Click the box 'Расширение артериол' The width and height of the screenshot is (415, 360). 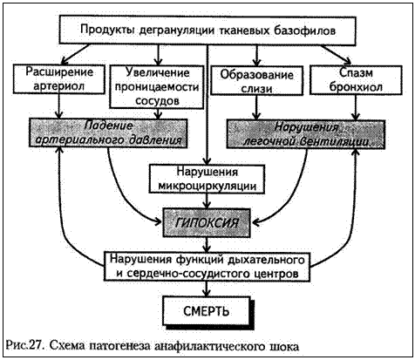(x=59, y=79)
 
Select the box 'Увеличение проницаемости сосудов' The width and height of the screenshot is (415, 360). (x=157, y=87)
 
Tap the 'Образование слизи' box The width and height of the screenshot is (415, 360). (x=256, y=80)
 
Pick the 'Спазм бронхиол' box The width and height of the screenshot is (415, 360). (x=356, y=80)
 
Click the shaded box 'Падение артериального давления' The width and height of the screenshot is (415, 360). (x=108, y=133)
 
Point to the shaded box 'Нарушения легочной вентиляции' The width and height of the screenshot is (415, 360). (x=306, y=134)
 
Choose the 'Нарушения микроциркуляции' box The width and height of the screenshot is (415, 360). (x=207, y=179)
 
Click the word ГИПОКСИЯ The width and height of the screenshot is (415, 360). (x=207, y=223)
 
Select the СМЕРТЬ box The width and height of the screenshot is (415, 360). (x=207, y=311)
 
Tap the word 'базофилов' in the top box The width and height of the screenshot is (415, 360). (x=304, y=31)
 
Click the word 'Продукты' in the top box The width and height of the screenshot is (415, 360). (x=107, y=31)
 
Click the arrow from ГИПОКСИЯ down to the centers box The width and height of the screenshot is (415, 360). (x=207, y=245)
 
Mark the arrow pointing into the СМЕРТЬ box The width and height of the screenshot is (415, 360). (x=207, y=289)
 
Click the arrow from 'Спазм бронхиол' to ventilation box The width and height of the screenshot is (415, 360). (x=356, y=107)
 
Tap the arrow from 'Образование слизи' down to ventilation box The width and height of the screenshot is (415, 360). (x=256, y=107)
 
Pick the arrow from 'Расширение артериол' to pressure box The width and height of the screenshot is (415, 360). (x=59, y=106)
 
